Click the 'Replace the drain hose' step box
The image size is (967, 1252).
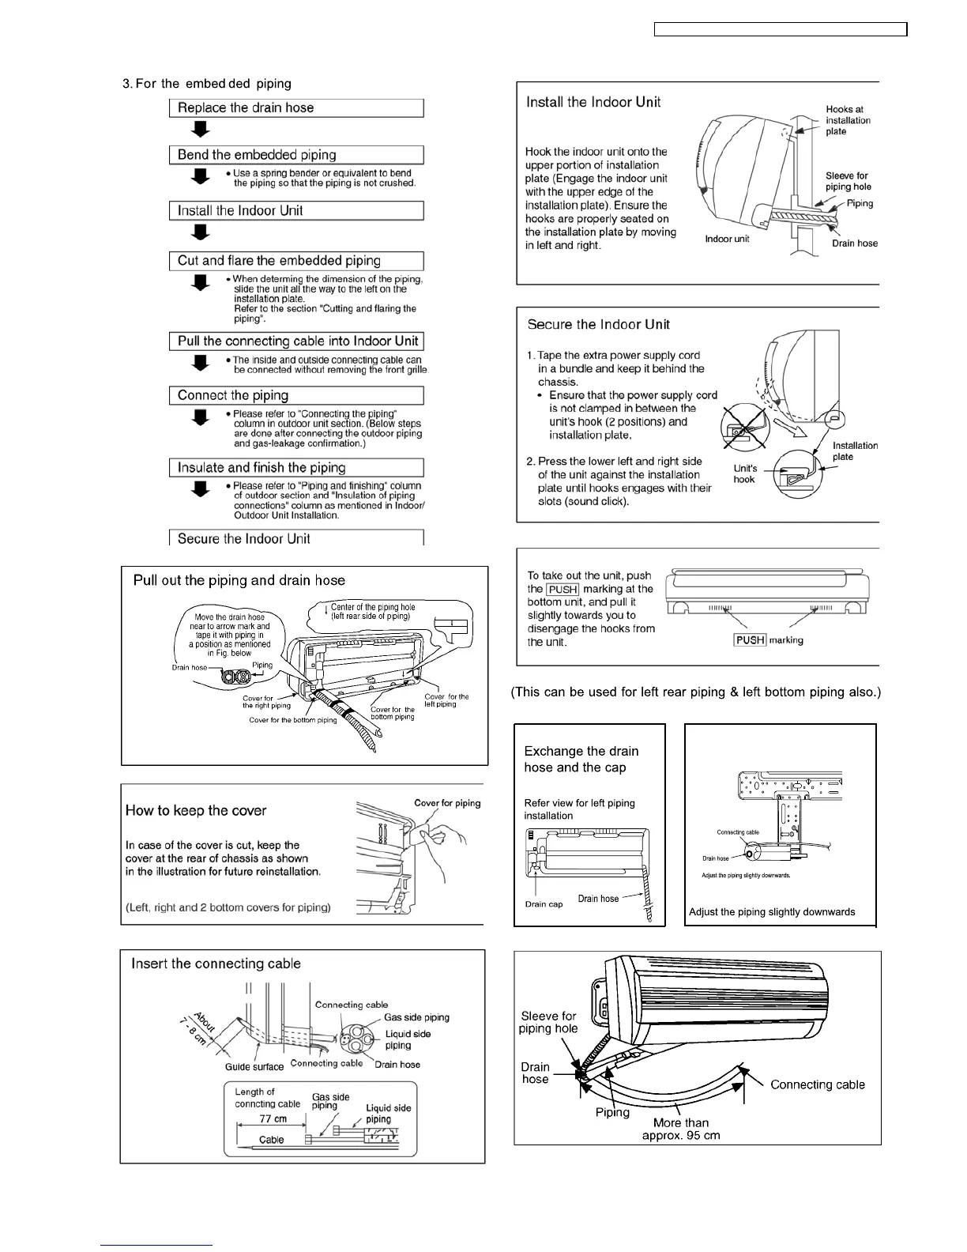(296, 108)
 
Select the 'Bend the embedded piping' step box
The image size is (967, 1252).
(296, 155)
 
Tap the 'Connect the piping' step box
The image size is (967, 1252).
(296, 395)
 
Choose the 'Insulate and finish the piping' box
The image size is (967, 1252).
(296, 467)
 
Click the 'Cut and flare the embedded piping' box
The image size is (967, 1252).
(296, 261)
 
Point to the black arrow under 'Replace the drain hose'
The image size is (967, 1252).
(202, 130)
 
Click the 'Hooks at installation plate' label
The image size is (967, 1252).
(848, 120)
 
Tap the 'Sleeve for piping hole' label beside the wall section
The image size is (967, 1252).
(848, 181)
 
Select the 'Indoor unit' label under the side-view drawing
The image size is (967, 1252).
(727, 239)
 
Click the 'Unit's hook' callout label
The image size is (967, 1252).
(745, 474)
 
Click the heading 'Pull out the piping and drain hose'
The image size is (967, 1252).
(239, 581)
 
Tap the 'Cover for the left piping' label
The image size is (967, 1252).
(446, 700)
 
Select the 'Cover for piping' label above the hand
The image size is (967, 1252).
(447, 803)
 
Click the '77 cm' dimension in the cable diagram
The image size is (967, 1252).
(273, 1118)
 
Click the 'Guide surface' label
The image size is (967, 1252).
(254, 1066)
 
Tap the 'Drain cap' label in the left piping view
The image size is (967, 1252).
(544, 904)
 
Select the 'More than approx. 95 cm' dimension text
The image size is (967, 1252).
(680, 1129)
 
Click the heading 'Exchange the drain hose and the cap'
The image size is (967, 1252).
(581, 759)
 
